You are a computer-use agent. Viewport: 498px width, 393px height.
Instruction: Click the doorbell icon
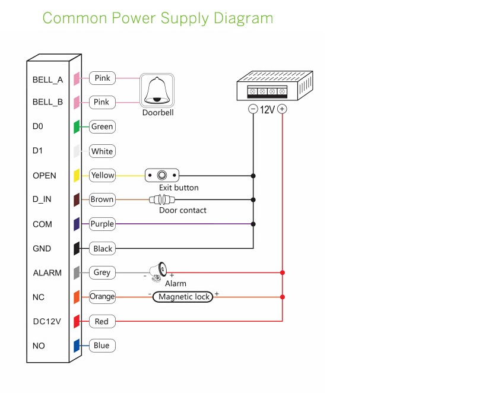tap(157, 90)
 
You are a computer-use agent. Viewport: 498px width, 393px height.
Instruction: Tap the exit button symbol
tap(161, 175)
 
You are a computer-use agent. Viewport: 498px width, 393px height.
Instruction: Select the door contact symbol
tap(162, 200)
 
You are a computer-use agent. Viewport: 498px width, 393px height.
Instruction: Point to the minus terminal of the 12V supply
tap(253, 109)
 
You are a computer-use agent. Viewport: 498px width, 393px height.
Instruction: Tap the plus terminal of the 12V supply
tap(283, 109)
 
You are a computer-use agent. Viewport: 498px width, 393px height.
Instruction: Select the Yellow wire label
tap(102, 175)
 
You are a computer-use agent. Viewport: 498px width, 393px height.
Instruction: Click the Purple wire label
tap(102, 224)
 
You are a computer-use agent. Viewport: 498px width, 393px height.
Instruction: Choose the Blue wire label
tap(101, 346)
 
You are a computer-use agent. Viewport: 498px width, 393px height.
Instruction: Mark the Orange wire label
tap(102, 296)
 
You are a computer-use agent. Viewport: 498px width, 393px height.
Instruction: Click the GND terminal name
tap(42, 249)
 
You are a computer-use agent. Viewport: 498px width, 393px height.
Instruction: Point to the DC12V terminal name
tap(46, 322)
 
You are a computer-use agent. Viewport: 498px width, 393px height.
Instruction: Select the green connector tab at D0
tap(77, 126)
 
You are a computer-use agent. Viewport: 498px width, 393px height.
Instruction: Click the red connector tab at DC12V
tap(77, 321)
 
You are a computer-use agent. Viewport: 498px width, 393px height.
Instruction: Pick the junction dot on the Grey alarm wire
tap(283, 272)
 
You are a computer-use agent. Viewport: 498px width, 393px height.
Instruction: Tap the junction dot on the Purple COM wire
tap(253, 224)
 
